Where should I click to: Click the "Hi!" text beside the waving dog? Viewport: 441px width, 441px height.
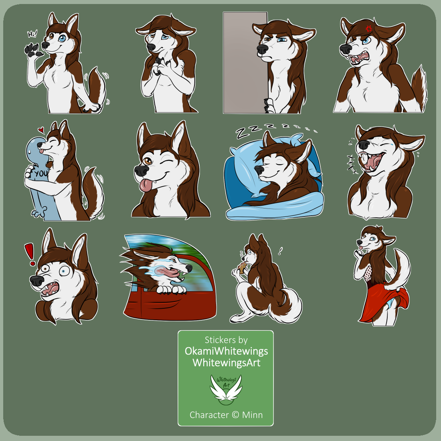pyautogui.click(x=32, y=34)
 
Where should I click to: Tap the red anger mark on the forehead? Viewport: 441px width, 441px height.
pyautogui.click(x=369, y=28)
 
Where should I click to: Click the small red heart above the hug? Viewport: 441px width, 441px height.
pyautogui.click(x=41, y=130)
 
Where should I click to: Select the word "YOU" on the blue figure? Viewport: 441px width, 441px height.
pyautogui.click(x=41, y=174)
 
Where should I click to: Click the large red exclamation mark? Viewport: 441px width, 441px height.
pyautogui.click(x=30, y=254)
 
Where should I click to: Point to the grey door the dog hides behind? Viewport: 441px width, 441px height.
pyautogui.click(x=245, y=63)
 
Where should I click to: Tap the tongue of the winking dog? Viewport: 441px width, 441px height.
pyautogui.click(x=145, y=185)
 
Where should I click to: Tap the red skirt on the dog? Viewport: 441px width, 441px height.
pyautogui.click(x=384, y=305)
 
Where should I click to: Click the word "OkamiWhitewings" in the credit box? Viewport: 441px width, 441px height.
pyautogui.click(x=226, y=351)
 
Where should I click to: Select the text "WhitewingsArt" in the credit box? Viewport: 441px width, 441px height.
pyautogui.click(x=227, y=362)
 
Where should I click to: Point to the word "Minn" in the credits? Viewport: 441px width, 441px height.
pyautogui.click(x=252, y=415)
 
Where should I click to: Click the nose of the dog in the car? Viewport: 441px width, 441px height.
pyautogui.click(x=189, y=268)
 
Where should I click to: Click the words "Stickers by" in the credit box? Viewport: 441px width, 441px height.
pyautogui.click(x=226, y=340)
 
